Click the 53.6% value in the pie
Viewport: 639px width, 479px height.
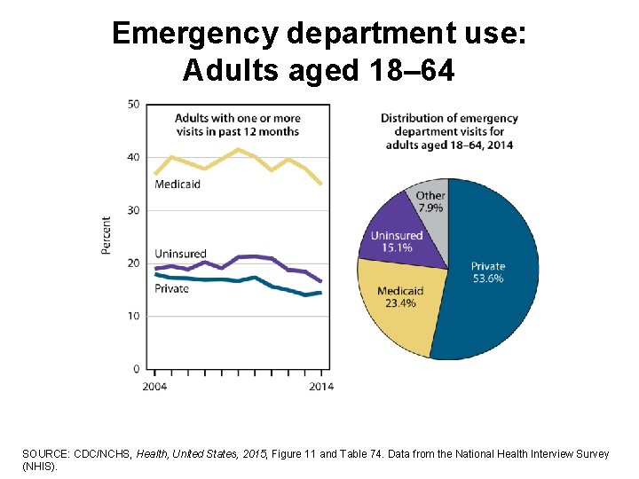pyautogui.click(x=487, y=279)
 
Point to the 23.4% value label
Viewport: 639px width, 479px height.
pyautogui.click(x=399, y=303)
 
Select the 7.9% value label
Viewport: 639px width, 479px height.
pyautogui.click(x=430, y=208)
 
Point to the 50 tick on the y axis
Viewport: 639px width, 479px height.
pyautogui.click(x=133, y=105)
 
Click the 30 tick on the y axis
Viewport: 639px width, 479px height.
pyautogui.click(x=133, y=210)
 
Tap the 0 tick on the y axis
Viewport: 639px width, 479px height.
pyautogui.click(x=136, y=369)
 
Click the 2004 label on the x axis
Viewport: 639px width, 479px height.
pyautogui.click(x=154, y=387)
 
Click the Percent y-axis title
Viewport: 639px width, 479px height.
pyautogui.click(x=106, y=236)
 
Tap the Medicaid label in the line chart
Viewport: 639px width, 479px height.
pyautogui.click(x=177, y=185)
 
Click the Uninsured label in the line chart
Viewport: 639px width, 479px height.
pyautogui.click(x=180, y=254)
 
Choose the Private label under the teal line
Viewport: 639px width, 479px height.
pyautogui.click(x=172, y=288)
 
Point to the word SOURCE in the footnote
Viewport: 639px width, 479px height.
pyautogui.click(x=43, y=454)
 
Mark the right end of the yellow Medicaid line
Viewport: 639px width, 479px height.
pyautogui.click(x=320, y=184)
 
